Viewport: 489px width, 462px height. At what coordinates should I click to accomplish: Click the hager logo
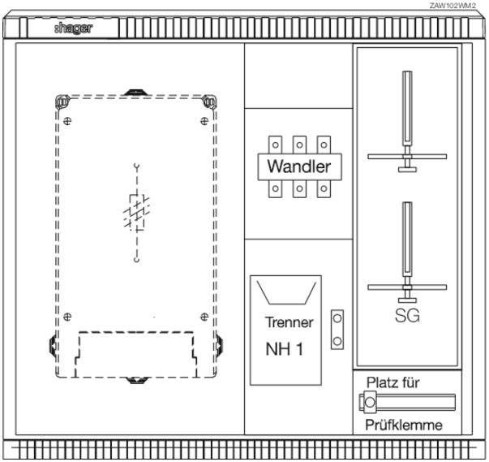tap(74, 28)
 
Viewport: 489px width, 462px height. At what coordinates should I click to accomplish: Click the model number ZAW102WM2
tap(453, 6)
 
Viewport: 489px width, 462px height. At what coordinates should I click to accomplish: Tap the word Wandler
tap(299, 166)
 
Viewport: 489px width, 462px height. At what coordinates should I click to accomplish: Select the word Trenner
tap(289, 322)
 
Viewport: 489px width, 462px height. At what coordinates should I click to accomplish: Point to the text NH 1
tap(284, 348)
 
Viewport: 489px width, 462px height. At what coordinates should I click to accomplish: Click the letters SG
tap(407, 316)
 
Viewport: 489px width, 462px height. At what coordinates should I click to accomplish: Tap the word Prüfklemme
tap(404, 425)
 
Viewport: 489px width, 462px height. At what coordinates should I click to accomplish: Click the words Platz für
tap(393, 382)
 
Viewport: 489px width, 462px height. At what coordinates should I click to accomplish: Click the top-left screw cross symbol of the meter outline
tap(67, 121)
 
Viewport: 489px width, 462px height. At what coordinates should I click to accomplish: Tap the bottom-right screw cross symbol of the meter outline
tap(204, 317)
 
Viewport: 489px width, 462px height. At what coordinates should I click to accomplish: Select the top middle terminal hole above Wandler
tap(299, 145)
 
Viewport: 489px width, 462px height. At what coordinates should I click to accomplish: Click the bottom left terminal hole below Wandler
tap(276, 188)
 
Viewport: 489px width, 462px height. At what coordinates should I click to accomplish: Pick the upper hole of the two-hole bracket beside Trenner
tap(337, 318)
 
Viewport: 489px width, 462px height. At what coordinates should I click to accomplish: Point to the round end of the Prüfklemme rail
tap(370, 402)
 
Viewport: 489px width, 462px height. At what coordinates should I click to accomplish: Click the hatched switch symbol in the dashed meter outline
tap(136, 212)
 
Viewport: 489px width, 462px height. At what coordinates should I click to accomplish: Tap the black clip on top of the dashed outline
tap(136, 93)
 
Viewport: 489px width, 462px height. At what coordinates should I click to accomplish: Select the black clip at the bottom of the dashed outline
tap(138, 380)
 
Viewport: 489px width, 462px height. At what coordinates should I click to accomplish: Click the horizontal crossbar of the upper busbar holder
tap(407, 157)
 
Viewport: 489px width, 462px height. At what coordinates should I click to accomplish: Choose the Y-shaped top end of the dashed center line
tap(136, 167)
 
